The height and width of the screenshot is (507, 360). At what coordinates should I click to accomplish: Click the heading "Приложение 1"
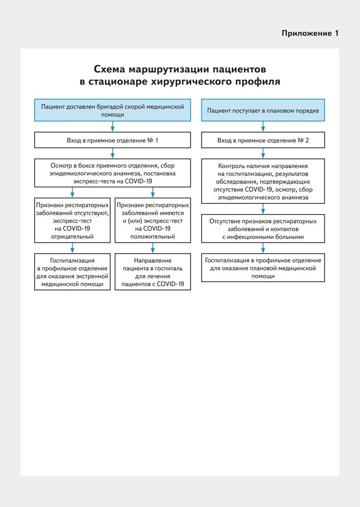pyautogui.click(x=310, y=33)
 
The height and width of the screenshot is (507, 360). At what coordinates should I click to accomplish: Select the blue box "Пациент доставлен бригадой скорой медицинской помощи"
pyautogui.click(x=112, y=110)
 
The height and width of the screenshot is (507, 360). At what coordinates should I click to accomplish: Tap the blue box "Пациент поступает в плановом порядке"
pyautogui.click(x=263, y=110)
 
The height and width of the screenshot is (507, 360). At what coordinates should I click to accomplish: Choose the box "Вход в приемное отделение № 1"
pyautogui.click(x=112, y=140)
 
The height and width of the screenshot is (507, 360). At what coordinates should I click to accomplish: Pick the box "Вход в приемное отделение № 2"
pyautogui.click(x=263, y=140)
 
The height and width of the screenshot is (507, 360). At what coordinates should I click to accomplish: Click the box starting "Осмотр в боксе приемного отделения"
pyautogui.click(x=112, y=173)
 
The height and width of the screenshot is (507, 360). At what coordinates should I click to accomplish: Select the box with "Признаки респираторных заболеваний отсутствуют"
pyautogui.click(x=73, y=220)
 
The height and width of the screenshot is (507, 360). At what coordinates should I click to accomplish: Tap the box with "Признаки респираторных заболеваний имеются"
pyautogui.click(x=153, y=220)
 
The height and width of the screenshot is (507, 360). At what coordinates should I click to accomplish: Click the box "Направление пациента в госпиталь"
pyautogui.click(x=153, y=272)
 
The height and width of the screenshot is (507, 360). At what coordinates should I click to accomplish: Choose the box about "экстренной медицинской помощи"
pyautogui.click(x=73, y=272)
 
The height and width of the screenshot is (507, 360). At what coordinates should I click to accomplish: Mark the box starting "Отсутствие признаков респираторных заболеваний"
pyautogui.click(x=263, y=229)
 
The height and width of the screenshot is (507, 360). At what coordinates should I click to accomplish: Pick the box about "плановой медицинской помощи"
pyautogui.click(x=263, y=268)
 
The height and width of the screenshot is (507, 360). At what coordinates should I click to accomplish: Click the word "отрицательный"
pyautogui.click(x=73, y=236)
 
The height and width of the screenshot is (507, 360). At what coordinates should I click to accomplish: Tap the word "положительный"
pyautogui.click(x=153, y=236)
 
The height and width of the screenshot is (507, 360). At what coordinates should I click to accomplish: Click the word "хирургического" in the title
pyautogui.click(x=202, y=81)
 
